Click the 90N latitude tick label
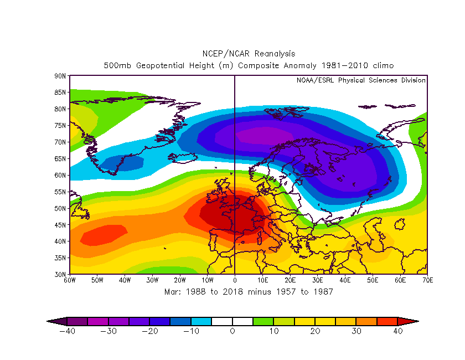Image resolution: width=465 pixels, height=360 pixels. (60, 75)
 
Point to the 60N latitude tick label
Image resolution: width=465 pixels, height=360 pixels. (60, 175)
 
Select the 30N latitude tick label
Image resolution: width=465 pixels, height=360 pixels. (60, 274)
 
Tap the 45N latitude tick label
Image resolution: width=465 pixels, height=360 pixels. (60, 225)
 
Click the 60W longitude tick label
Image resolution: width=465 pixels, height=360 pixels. (70, 280)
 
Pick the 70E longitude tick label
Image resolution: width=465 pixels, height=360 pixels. (427, 280)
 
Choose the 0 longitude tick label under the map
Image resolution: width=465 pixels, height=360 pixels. (235, 280)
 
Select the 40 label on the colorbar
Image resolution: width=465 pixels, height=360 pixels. (397, 331)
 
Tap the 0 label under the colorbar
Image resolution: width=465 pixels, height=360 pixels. (232, 331)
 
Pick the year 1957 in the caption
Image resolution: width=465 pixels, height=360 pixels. (290, 291)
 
